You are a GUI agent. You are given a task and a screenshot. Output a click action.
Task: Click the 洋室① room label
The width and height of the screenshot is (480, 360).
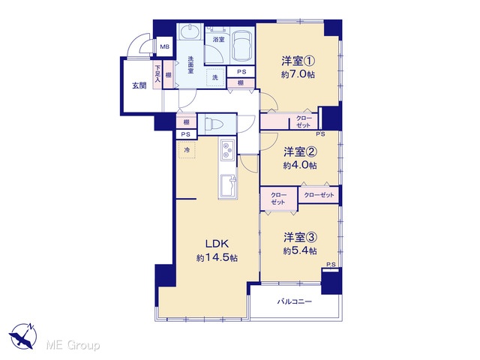click(x=298, y=61)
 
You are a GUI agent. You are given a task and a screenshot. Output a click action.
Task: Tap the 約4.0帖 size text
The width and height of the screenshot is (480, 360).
click(x=300, y=166)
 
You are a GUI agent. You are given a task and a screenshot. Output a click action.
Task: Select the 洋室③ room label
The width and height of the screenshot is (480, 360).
click(x=300, y=237)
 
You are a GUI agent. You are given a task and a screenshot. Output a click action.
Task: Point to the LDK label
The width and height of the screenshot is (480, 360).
click(x=217, y=244)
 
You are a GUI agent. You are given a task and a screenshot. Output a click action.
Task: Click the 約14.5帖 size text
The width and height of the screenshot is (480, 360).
click(x=217, y=258)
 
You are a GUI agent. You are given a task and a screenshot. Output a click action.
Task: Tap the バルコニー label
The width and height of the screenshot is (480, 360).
click(x=295, y=301)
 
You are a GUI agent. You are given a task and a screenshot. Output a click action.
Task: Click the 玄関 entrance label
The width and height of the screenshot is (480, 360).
click(x=139, y=85)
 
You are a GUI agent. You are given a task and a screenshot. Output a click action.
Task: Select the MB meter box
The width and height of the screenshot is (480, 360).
click(x=165, y=46)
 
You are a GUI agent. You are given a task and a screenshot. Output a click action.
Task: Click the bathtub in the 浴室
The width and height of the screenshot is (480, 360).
click(x=241, y=46)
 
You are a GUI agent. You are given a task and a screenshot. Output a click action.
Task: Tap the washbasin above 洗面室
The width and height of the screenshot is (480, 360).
click(x=189, y=31)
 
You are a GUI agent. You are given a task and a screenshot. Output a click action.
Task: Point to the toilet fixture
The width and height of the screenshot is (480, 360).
click(x=214, y=124)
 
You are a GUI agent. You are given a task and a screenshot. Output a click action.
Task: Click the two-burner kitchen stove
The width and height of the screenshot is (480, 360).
click(x=226, y=150)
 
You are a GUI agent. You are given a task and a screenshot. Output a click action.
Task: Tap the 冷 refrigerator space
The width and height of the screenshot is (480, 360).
click(x=187, y=150)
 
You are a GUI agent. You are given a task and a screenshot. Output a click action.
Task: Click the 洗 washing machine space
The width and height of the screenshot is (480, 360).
click(x=215, y=77)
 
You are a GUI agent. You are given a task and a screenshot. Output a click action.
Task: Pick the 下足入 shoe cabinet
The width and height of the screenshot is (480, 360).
click(x=157, y=75)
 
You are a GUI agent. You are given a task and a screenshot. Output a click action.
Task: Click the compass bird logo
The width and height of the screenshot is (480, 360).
click(x=23, y=336)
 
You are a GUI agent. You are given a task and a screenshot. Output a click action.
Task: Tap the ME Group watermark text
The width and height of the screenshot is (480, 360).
click(x=73, y=346)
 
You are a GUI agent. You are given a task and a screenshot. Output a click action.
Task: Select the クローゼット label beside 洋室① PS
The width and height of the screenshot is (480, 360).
click(x=303, y=121)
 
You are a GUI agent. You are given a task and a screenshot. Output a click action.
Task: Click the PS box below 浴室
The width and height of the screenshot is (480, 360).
click(x=241, y=72)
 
